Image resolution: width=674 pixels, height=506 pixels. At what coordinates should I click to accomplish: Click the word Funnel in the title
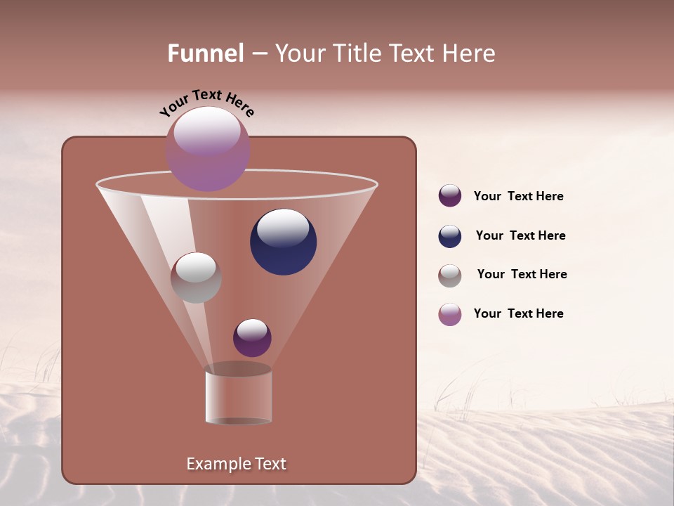205,53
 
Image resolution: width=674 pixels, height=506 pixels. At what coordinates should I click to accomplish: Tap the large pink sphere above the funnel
208,149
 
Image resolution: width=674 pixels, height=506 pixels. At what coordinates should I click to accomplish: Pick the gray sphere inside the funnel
196,278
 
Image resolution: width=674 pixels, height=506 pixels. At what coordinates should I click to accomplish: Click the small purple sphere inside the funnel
252,338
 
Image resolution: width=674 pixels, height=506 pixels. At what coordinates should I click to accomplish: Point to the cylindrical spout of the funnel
238,397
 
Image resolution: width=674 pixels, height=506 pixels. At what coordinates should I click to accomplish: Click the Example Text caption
236,464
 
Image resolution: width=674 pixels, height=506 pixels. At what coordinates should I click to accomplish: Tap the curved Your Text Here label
206,102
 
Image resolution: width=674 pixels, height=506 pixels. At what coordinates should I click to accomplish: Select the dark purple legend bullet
450,196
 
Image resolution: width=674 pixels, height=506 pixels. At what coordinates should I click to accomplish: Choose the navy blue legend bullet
450,236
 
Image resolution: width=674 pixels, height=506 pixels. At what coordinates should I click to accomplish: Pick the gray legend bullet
450,275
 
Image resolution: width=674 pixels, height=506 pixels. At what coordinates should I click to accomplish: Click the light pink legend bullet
450,314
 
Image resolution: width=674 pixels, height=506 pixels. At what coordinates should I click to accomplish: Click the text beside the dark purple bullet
518,197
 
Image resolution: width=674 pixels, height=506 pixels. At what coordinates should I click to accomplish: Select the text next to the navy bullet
520,236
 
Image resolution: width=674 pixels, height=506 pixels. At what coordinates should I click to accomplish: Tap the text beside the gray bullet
522,275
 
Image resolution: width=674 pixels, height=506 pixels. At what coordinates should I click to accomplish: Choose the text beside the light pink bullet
518,314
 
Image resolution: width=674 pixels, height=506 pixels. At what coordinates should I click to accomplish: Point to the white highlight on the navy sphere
283,228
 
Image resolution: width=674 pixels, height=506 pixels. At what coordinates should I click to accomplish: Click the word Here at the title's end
470,53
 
